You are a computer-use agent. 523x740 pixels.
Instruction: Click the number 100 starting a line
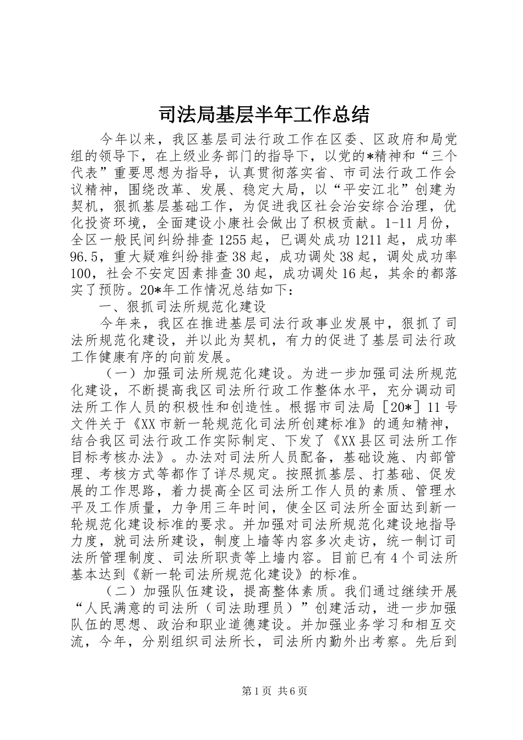83,273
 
